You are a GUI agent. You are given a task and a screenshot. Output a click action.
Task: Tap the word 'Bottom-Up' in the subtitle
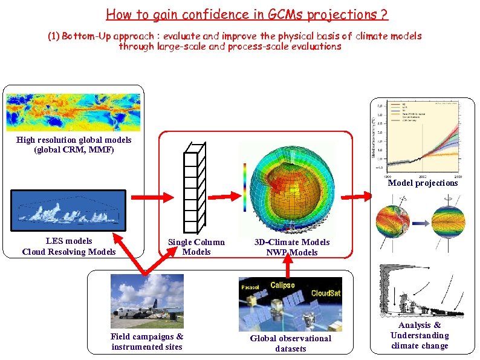pyautogui.click(x=88, y=36)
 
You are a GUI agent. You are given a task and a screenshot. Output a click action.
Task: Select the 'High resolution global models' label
pyautogui.click(x=74, y=140)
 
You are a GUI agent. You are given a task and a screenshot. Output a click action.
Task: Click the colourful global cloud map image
pyautogui.click(x=73, y=111)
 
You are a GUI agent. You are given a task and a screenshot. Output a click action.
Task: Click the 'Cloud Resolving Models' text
pyautogui.click(x=69, y=252)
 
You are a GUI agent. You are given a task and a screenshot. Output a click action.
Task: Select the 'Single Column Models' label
pyautogui.click(x=196, y=247)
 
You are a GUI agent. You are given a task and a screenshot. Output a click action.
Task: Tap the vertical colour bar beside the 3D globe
pyautogui.click(x=244, y=188)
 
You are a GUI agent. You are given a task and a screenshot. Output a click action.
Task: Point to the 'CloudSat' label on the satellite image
pyautogui.click(x=325, y=293)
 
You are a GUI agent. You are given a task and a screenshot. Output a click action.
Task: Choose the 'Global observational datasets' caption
pyautogui.click(x=291, y=344)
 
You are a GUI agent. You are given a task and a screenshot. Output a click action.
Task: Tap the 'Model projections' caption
pyautogui.click(x=423, y=183)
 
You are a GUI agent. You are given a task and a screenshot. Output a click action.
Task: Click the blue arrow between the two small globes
pyautogui.click(x=421, y=222)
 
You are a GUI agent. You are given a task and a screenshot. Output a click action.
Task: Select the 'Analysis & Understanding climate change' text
pyautogui.click(x=420, y=336)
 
